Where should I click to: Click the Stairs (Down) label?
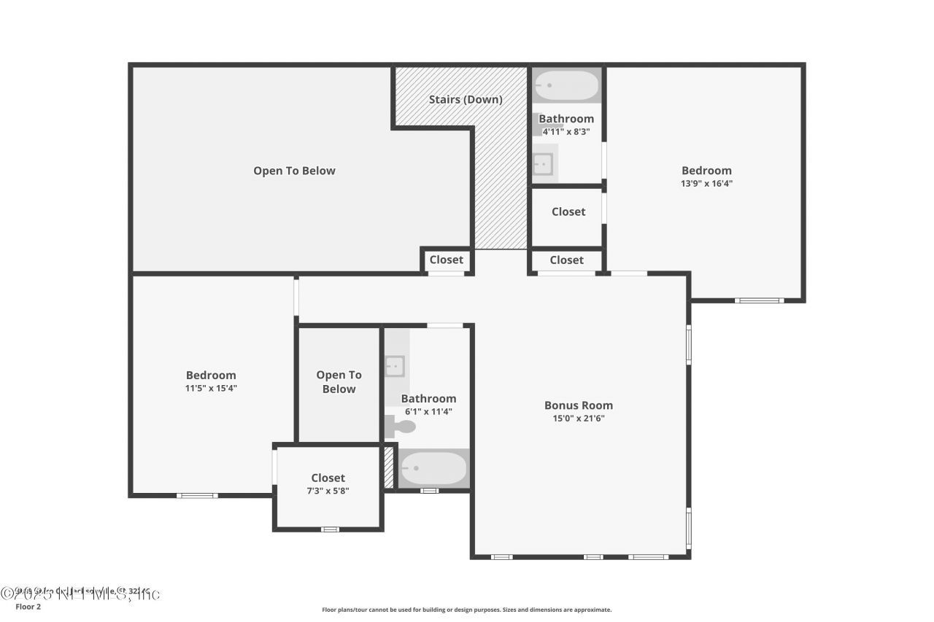click(465, 99)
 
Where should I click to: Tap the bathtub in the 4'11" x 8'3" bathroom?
click(566, 85)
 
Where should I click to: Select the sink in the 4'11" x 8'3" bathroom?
click(543, 164)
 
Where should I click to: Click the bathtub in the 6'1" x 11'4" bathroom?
click(433, 468)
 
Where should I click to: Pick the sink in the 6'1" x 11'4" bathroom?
click(395, 365)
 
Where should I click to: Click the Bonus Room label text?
click(579, 405)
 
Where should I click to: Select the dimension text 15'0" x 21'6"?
click(579, 419)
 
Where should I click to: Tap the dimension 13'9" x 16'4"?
click(706, 184)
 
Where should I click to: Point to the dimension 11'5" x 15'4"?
click(211, 388)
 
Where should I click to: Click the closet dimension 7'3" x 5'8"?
click(328, 491)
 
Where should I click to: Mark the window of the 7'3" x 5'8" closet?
click(331, 529)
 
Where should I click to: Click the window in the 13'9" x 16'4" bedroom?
click(759, 300)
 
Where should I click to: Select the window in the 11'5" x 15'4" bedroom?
click(198, 495)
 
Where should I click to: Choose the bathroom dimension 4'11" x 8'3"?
click(566, 132)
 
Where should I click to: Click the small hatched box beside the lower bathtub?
click(389, 467)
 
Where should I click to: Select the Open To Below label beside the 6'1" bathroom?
click(339, 382)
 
